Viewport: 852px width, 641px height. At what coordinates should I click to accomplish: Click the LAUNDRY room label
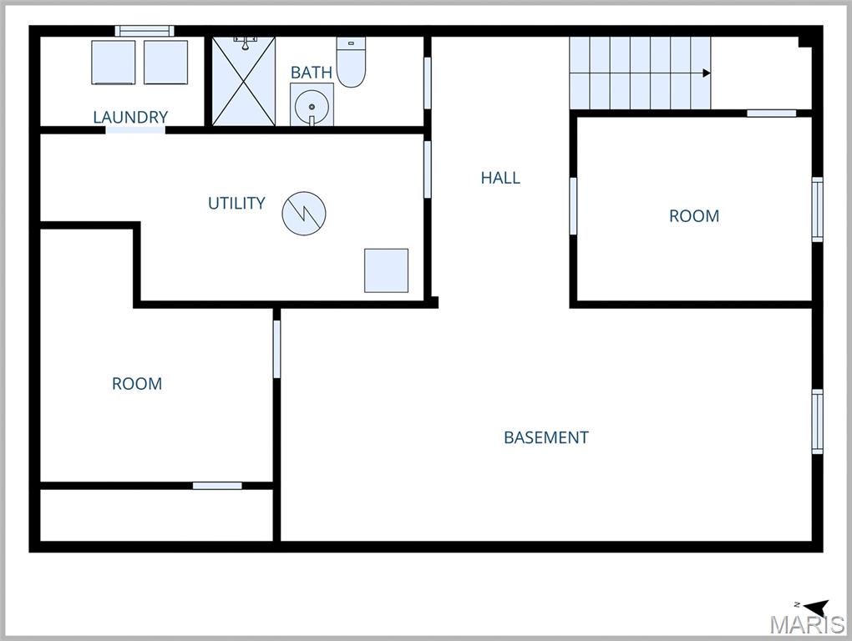130,117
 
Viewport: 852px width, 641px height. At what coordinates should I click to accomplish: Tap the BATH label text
311,73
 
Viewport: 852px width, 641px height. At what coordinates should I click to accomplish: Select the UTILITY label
236,203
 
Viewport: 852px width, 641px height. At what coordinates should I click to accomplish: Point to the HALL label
500,177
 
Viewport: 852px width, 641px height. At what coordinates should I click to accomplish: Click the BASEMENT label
546,437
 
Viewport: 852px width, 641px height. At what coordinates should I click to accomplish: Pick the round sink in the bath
312,106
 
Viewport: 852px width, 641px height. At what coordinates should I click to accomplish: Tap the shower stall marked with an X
243,82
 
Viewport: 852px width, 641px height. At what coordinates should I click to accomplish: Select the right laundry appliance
165,63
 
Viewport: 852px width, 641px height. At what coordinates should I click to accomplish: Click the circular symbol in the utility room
303,214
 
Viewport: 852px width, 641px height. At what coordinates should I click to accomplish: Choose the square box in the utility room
386,270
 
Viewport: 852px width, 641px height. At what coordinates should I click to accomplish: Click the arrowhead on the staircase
707,73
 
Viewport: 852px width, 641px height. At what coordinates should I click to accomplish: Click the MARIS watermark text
806,624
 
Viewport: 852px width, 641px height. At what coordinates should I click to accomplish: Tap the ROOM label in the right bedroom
693,216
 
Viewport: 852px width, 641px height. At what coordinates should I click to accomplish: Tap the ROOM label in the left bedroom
137,384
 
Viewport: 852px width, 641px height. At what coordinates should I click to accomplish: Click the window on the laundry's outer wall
145,31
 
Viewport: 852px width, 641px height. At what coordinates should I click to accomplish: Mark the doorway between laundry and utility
135,129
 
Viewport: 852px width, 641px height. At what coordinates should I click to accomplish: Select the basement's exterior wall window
818,421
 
